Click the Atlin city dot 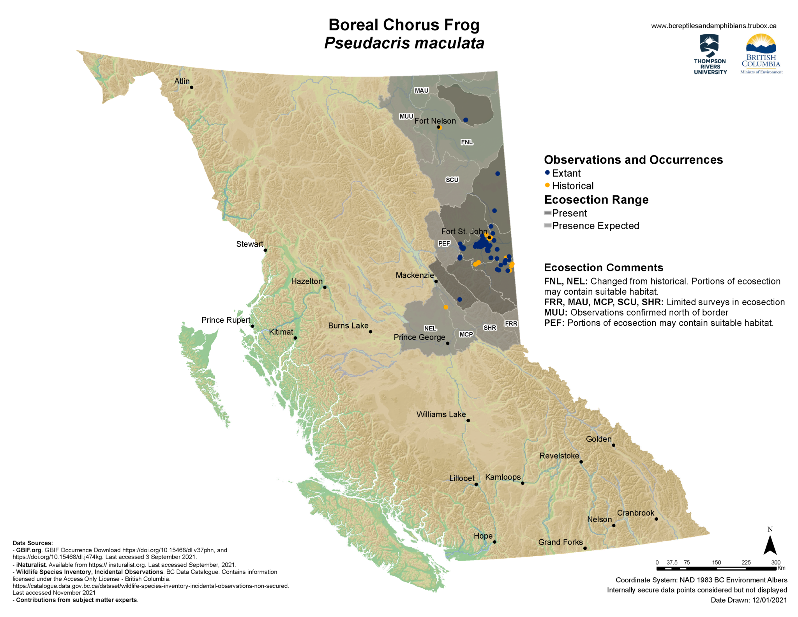[x=191, y=87]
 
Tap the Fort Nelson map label [x=435, y=121]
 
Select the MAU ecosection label [x=421, y=90]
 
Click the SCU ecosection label [x=452, y=180]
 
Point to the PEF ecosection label [x=444, y=244]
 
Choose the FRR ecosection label [x=511, y=324]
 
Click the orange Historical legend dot [x=547, y=185]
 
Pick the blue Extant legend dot [x=547, y=173]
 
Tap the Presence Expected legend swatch [x=547, y=226]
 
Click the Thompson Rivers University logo [x=710, y=54]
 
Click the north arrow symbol [x=770, y=545]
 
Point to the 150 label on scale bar [x=717, y=562]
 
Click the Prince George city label [x=419, y=337]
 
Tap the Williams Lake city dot [x=468, y=421]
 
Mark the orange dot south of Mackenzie [x=446, y=307]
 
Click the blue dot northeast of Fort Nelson [x=466, y=120]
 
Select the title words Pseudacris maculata [x=404, y=43]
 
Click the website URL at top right [x=713, y=26]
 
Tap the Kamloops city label [x=503, y=477]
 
